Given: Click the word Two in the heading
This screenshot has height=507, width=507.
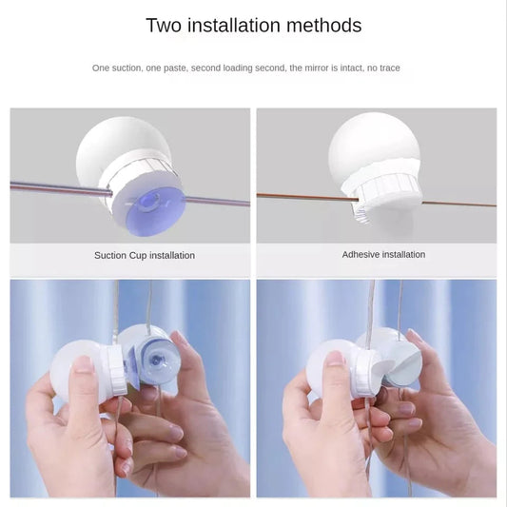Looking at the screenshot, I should (x=164, y=26).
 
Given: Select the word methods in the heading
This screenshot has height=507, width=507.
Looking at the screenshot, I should (x=325, y=26).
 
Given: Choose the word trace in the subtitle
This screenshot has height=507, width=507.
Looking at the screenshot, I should (x=390, y=68).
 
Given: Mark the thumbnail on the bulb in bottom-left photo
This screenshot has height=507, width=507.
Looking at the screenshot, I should (x=83, y=363).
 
